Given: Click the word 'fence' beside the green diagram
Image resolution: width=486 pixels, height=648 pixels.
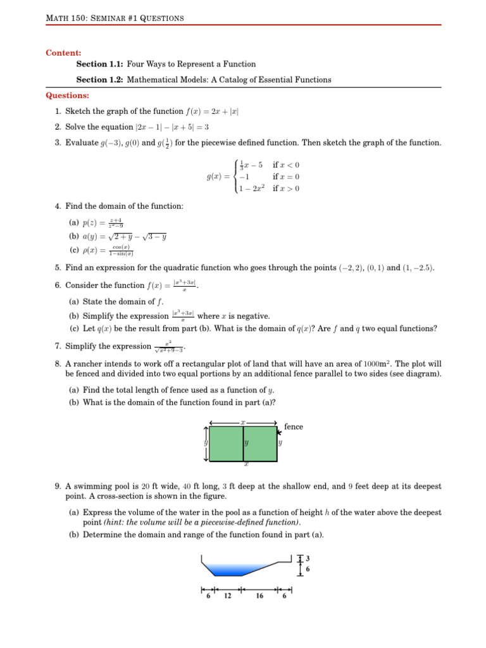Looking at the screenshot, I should [294, 427].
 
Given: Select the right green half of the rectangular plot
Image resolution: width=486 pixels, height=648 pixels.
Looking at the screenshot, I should [260, 444].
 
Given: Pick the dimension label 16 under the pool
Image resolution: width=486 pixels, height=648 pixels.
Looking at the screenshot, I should [259, 596].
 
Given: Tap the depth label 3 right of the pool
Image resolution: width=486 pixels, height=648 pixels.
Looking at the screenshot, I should [308, 559].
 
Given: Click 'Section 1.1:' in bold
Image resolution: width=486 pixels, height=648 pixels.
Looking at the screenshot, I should [100, 64].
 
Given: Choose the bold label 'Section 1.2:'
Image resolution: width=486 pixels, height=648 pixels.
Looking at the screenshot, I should [100, 80].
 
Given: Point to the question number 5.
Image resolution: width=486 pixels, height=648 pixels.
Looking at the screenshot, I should [58, 268].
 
